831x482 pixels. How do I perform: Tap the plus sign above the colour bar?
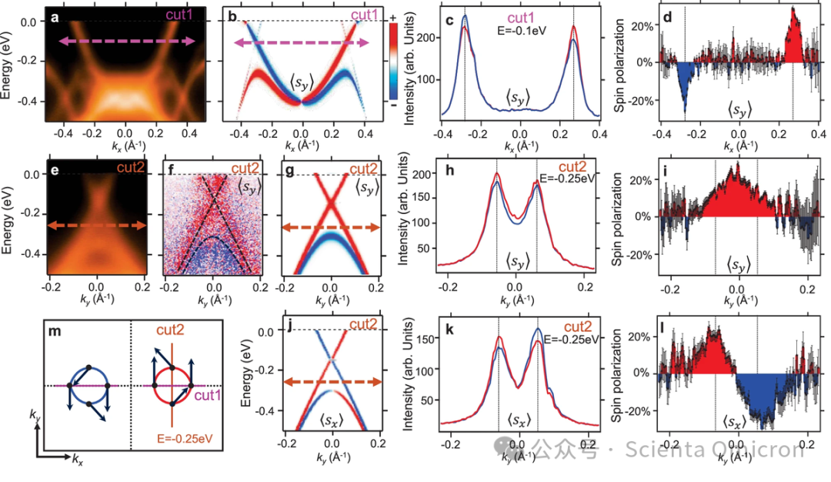(x=395, y=16)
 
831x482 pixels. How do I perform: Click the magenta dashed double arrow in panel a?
(x=127, y=44)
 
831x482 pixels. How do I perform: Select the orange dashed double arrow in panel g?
(x=331, y=227)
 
